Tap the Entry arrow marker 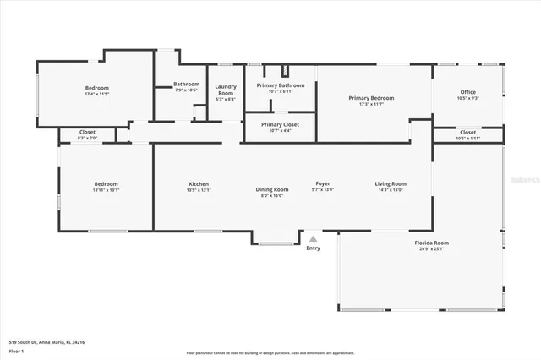tap(314, 238)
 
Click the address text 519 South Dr tap(47, 342)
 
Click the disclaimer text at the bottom tap(270, 352)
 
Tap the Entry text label tap(314, 248)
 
